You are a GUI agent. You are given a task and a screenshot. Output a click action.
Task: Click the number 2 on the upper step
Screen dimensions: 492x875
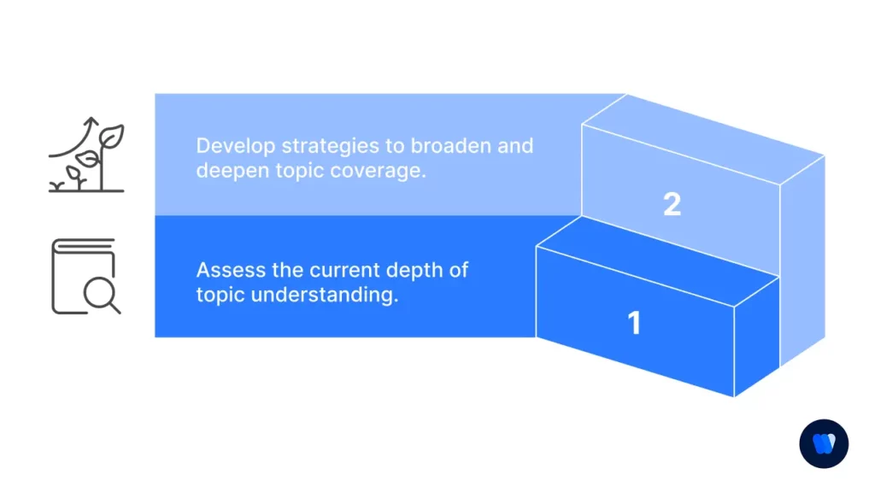(x=672, y=204)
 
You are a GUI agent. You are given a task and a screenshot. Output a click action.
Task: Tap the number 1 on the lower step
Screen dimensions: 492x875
(x=634, y=323)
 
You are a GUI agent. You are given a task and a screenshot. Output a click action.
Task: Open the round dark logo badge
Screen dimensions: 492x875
(x=824, y=444)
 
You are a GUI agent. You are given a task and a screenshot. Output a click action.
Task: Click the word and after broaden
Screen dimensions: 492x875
(x=516, y=145)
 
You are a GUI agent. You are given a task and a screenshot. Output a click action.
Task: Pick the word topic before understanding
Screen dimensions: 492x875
(x=219, y=296)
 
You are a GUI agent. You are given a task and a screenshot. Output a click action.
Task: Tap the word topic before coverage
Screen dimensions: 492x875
(x=302, y=170)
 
